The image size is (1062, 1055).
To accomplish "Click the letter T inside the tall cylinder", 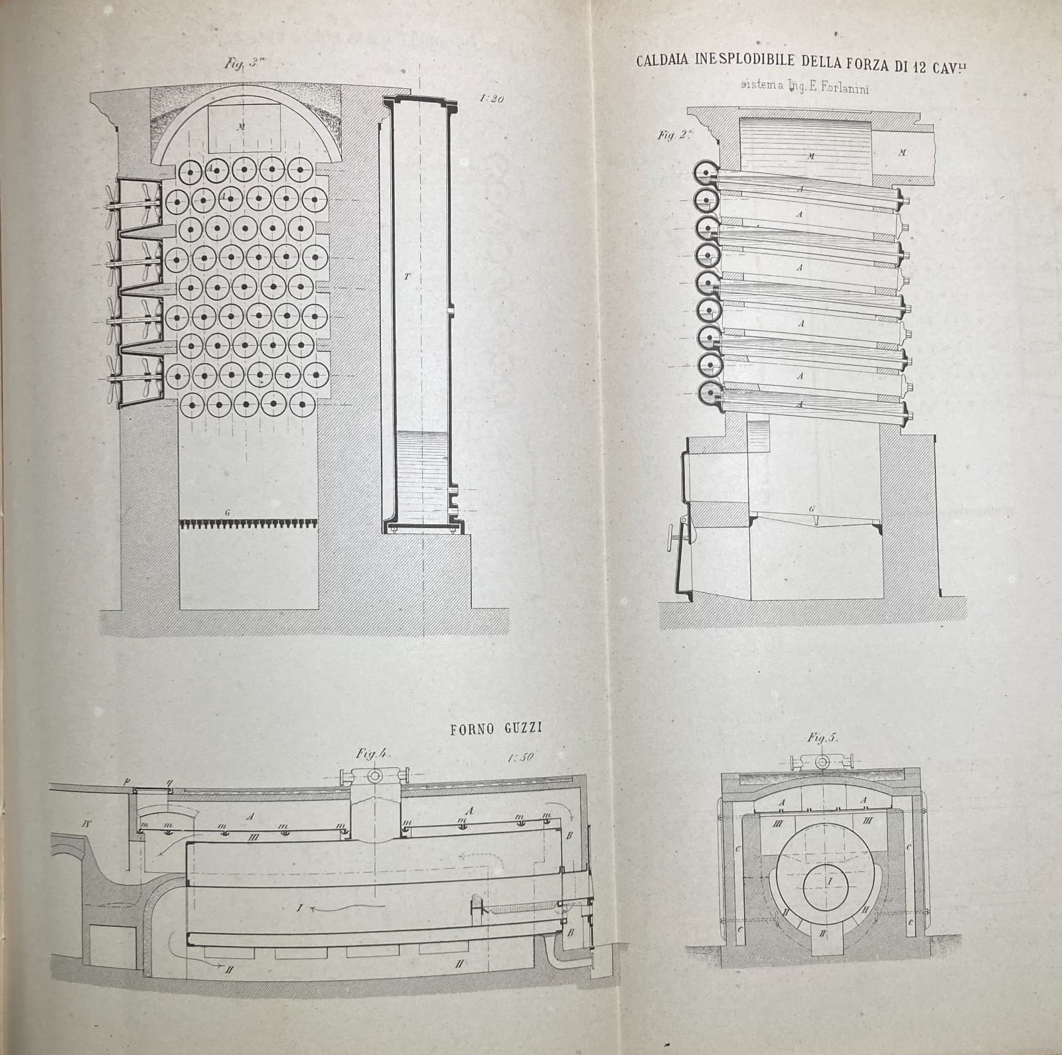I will tap(407, 274).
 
